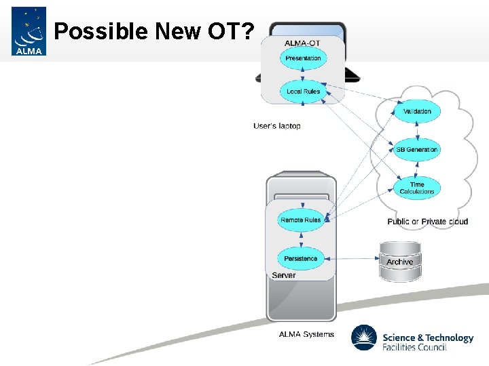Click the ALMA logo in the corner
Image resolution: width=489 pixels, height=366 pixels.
[29, 31]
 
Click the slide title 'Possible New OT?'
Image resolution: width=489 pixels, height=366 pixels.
[153, 31]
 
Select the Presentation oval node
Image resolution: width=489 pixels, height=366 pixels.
[303, 58]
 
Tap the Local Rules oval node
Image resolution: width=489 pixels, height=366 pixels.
[303, 91]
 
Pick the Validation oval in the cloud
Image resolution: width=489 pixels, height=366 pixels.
[417, 111]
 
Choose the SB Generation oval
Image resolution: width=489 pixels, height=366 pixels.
[417, 150]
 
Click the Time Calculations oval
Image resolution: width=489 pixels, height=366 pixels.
[417, 188]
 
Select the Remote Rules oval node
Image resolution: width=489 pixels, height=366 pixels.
[300, 220]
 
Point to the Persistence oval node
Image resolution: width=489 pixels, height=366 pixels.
[300, 259]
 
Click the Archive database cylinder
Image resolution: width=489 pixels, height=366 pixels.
[399, 262]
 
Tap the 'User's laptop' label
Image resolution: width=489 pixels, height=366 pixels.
[276, 126]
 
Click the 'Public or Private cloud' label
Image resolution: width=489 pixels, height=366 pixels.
[427, 222]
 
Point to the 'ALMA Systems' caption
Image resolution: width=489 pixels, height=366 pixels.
[306, 334]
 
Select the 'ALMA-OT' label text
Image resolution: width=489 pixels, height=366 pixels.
[302, 43]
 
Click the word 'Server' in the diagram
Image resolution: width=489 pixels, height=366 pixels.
[283, 276]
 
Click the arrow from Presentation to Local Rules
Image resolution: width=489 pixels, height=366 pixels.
[303, 75]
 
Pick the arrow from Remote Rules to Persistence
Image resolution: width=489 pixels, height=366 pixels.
[300, 239]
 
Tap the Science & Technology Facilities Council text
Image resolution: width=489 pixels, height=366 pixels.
[427, 342]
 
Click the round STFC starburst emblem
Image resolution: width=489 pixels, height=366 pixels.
[364, 338]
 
